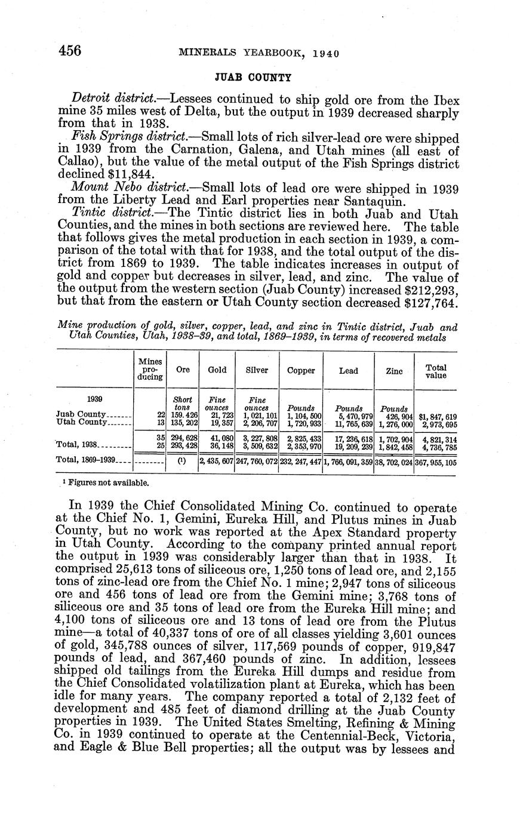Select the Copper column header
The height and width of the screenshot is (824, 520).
pyautogui.click(x=301, y=370)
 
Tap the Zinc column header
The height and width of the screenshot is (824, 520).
pyautogui.click(x=394, y=371)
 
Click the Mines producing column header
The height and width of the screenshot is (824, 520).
pyautogui.click(x=150, y=369)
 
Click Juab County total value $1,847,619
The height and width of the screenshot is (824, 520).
pyautogui.click(x=438, y=415)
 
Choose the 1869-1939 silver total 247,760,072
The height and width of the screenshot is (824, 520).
pyautogui.click(x=257, y=461)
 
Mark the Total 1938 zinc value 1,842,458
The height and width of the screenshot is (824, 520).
pyautogui.click(x=395, y=445)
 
